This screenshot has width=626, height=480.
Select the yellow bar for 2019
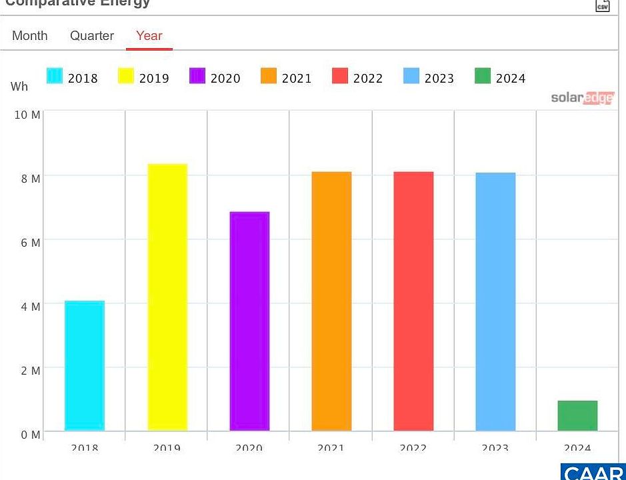click(x=167, y=297)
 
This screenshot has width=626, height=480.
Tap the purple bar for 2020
click(x=249, y=321)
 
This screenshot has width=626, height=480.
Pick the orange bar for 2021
click(x=331, y=301)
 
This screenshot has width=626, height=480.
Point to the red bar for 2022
click(x=413, y=301)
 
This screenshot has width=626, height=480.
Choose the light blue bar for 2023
click(x=495, y=301)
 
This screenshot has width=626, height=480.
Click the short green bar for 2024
click(x=577, y=415)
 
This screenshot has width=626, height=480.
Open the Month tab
click(x=30, y=36)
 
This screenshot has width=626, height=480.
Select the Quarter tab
click(x=92, y=36)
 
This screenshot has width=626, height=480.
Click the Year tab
click(x=149, y=36)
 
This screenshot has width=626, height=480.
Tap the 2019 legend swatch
click(x=126, y=77)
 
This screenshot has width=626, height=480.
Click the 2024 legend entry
click(x=500, y=77)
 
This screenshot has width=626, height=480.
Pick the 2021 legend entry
click(x=286, y=77)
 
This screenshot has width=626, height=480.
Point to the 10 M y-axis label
click(x=27, y=115)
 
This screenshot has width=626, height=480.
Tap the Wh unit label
click(x=19, y=87)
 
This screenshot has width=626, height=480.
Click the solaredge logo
click(x=582, y=98)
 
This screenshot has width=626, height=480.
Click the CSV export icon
click(x=602, y=5)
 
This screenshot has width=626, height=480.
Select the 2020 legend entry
click(x=215, y=77)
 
